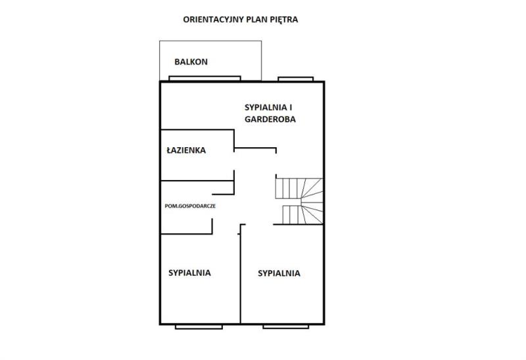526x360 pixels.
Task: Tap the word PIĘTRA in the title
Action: click(284, 20)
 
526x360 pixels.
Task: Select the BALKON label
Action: click(191, 62)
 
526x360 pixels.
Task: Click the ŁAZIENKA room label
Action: click(186, 150)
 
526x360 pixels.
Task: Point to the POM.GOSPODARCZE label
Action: click(190, 206)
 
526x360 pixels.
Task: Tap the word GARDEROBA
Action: click(270, 120)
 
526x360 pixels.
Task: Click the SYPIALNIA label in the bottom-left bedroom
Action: click(189, 273)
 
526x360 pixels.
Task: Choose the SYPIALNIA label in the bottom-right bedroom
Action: click(279, 273)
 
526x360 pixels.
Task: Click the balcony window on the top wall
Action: click(204, 78)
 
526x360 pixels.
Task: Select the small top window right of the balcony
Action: click(295, 79)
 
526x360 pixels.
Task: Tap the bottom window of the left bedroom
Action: click(199, 326)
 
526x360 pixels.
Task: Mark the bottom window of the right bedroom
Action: click(286, 326)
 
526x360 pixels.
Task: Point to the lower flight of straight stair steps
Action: click(293, 215)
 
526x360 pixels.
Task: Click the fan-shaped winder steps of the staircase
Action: click(312, 201)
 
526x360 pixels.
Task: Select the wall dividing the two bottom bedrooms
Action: click(240, 274)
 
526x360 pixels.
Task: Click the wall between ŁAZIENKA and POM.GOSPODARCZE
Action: click(197, 181)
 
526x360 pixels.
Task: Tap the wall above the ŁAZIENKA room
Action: click(197, 129)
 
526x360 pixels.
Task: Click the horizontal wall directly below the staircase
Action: click(299, 224)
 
